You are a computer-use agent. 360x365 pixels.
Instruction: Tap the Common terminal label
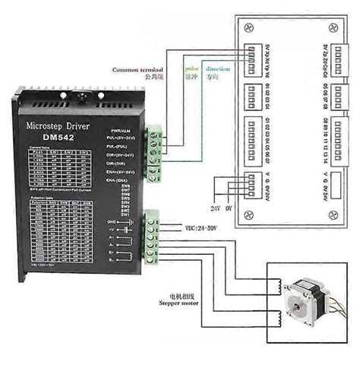141,69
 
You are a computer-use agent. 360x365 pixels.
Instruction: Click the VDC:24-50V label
202,227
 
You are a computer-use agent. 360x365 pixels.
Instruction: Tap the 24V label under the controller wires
216,206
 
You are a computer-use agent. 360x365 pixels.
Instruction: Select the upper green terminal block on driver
157,145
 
